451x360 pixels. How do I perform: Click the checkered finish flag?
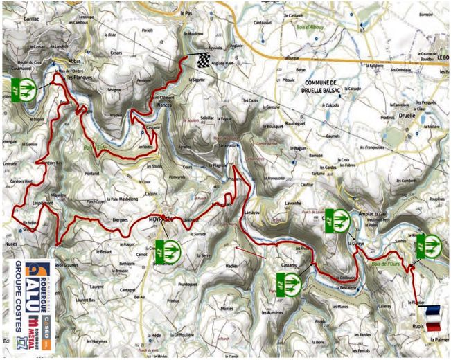point(202,60)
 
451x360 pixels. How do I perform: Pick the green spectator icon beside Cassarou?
point(288,282)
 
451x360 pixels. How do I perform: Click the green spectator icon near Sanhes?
point(428,246)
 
